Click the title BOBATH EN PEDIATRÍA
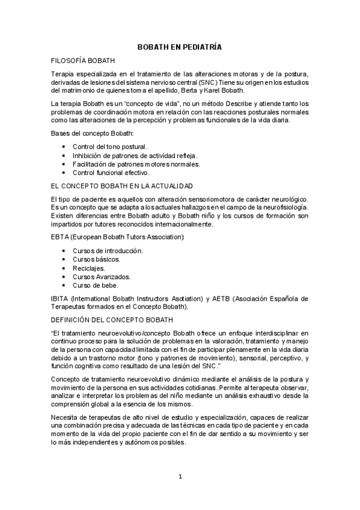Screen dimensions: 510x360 pos(180,46)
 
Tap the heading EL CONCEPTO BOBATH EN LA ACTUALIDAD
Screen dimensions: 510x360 pos(121,185)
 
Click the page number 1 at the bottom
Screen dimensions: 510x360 pos(180,477)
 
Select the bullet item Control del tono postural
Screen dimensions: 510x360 pos(110,147)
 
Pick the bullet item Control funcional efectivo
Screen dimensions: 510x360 pos(107,173)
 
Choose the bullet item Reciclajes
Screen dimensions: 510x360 pos(88,268)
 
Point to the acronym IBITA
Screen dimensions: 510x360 pos(60,298)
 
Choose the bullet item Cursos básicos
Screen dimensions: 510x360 pos(96,259)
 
